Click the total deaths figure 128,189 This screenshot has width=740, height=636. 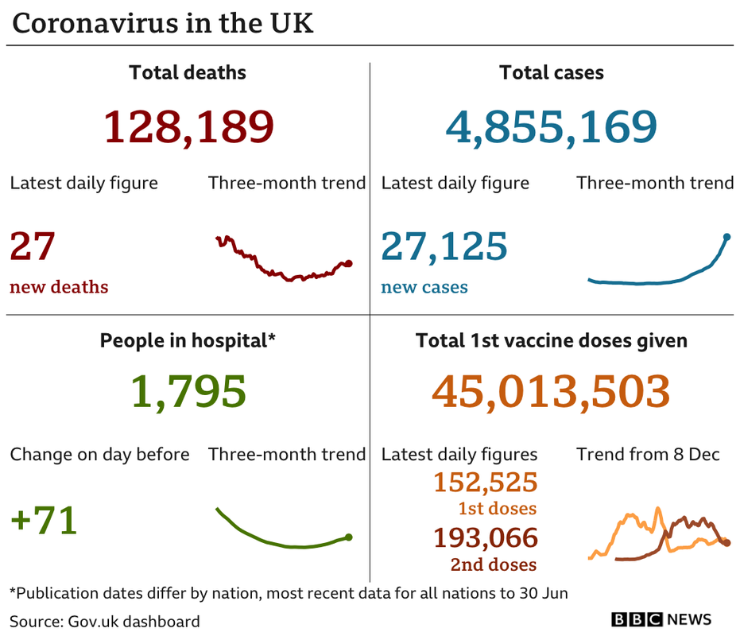coord(188,126)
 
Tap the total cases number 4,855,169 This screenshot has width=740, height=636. coord(552,126)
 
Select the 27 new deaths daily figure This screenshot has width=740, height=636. coord(32,246)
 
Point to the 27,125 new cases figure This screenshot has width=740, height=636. coord(444,246)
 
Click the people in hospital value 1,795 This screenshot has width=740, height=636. coord(188,392)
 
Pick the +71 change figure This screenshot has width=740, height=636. coord(44,521)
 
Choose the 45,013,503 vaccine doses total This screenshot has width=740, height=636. coord(551,392)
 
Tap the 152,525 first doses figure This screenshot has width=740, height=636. coord(486,482)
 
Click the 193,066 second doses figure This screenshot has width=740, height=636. coord(486,538)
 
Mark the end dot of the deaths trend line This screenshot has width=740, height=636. coord(349,263)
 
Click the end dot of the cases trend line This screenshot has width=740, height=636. coord(727,236)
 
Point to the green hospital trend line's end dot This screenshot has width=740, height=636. coord(349,537)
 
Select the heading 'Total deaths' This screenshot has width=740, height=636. coord(188,73)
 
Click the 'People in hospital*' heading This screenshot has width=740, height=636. coord(188,341)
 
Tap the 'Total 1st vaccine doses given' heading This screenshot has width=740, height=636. coord(552,341)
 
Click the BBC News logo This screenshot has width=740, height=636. coord(661,619)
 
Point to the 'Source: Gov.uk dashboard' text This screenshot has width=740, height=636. coord(105,621)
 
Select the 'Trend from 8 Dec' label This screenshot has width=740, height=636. coord(648,455)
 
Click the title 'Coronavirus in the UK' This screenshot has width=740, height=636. coord(163,24)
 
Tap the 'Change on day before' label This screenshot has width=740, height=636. coord(99,455)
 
